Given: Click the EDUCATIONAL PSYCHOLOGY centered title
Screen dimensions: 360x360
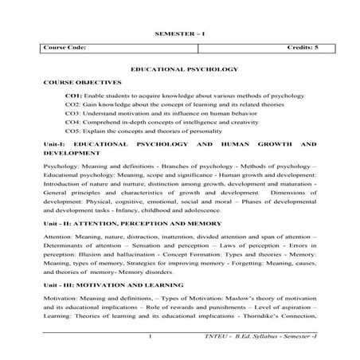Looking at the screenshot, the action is tap(179, 69).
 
